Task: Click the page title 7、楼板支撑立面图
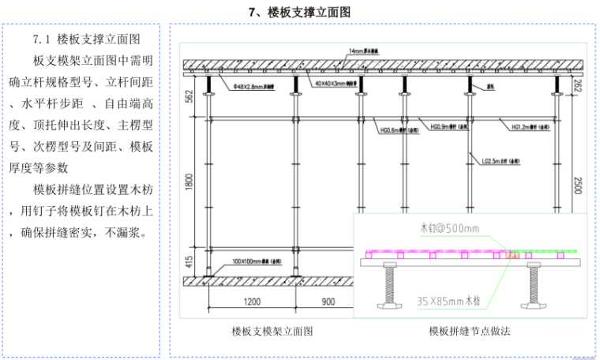tap(299, 12)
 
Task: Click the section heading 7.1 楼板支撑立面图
tap(86, 38)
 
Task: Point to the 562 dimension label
tap(189, 97)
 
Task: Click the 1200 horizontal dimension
tap(252, 302)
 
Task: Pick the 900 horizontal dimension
tap(327, 302)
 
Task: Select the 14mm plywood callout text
tap(364, 51)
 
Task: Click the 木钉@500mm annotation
tap(450, 229)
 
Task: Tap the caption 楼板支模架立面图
tap(272, 332)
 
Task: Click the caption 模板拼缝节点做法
tap(470, 332)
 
